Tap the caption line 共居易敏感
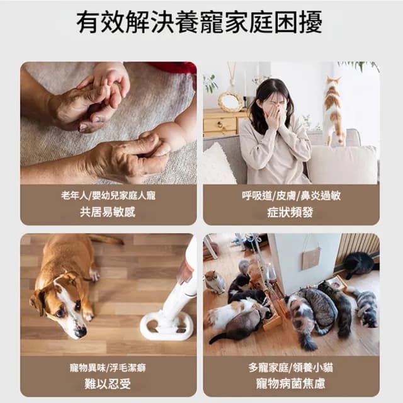click(x=108, y=212)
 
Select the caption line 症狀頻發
click(x=291, y=212)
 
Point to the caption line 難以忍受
click(x=108, y=383)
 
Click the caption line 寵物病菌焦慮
click(x=291, y=383)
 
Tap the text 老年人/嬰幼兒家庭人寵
click(x=108, y=196)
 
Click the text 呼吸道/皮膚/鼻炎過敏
click(x=291, y=196)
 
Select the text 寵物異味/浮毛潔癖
click(x=108, y=367)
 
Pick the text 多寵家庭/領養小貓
click(x=291, y=367)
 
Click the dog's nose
click(x=80, y=331)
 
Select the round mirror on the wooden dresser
click(x=230, y=101)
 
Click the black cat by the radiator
click(x=358, y=264)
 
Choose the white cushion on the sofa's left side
click(x=218, y=163)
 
